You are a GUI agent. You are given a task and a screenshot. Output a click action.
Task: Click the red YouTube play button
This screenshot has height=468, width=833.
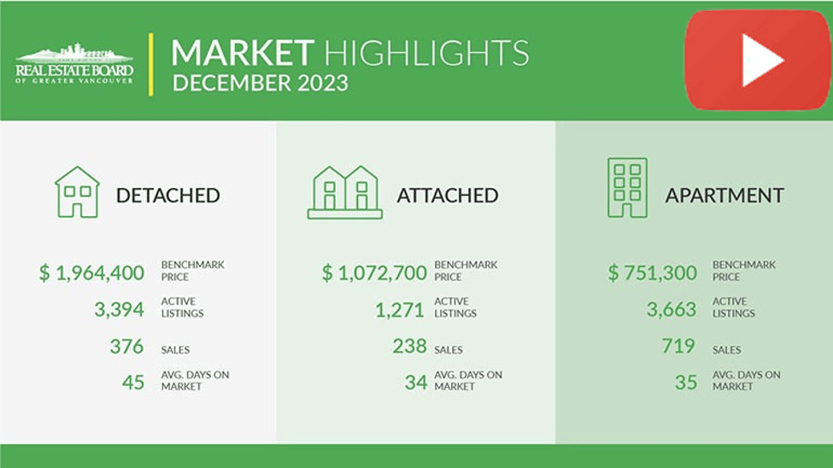(757, 60)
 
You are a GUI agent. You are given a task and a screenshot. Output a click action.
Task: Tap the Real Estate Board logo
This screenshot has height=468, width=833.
(74, 63)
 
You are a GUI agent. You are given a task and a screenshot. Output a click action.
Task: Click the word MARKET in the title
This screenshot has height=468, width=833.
(243, 53)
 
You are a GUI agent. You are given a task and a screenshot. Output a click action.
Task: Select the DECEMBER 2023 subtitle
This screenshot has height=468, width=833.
(261, 84)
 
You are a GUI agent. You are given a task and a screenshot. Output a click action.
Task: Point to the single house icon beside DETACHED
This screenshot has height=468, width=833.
(77, 192)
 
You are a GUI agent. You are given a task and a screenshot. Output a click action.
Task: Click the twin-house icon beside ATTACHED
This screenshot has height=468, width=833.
(345, 192)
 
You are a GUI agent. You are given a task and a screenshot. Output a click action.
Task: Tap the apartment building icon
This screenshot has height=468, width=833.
(627, 188)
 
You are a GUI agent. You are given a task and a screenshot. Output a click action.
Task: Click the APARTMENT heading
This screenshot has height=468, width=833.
(724, 196)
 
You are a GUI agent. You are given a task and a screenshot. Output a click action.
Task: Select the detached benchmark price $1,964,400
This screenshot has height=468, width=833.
(92, 273)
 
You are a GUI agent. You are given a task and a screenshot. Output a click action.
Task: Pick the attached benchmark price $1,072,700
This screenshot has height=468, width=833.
(374, 273)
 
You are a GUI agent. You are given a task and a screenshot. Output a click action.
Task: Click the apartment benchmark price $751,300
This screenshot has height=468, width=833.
(653, 273)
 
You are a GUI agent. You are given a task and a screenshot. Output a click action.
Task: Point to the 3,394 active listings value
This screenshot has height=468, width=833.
(119, 309)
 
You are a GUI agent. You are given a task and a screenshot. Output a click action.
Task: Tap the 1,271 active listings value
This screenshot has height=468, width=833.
(400, 310)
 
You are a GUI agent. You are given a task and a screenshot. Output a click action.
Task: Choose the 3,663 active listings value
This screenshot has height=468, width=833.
(672, 309)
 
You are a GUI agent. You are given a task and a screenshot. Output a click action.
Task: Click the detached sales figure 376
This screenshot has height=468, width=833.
(126, 347)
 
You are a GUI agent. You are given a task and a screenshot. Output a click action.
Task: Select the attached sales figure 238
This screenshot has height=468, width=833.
(409, 347)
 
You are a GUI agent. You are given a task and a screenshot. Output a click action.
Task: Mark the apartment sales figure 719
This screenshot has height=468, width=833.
(678, 347)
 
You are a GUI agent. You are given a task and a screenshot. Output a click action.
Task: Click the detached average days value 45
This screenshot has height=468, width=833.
(132, 383)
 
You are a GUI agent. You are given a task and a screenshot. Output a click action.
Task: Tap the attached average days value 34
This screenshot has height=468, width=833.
(415, 383)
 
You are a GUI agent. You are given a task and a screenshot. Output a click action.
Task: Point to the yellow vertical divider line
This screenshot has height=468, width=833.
(151, 65)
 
